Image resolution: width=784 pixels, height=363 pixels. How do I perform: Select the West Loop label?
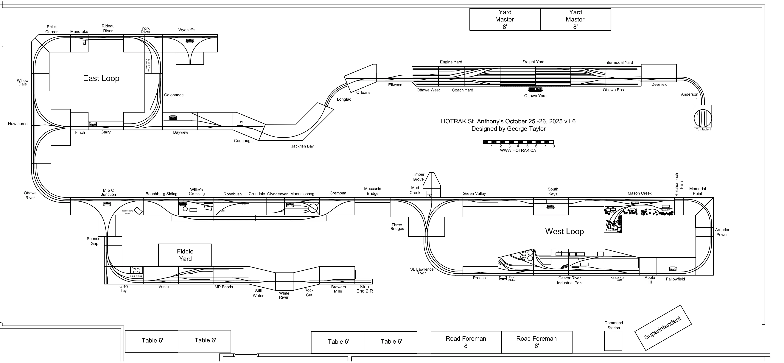(564, 232)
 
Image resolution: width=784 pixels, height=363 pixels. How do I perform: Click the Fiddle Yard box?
(185, 255)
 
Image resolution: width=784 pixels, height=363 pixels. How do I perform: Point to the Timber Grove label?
(418, 177)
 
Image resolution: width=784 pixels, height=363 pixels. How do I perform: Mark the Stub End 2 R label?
(364, 289)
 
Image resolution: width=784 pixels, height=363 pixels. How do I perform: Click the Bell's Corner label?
(52, 29)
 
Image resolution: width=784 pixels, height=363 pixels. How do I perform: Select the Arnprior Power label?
(722, 232)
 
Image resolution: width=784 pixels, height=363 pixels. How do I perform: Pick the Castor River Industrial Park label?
(570, 281)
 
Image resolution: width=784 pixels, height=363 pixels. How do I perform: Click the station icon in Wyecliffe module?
(190, 40)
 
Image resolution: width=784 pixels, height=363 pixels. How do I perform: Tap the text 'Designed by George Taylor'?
(508, 129)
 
